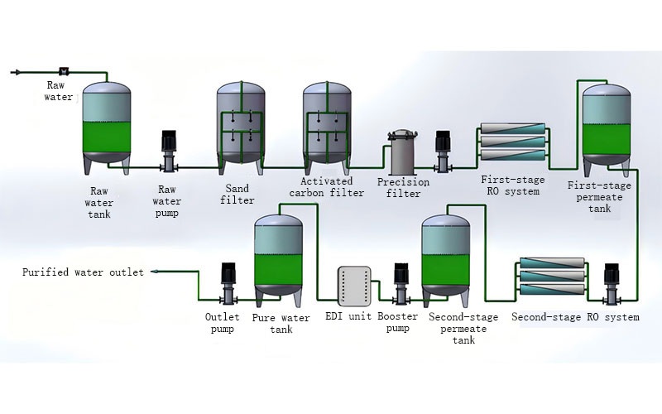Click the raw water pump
169,151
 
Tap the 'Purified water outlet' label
83,272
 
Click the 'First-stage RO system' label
511,185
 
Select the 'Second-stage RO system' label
575,317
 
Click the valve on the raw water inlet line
64,71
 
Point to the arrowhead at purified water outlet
155,272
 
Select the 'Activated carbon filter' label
326,187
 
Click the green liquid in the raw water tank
107,136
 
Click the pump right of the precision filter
442,149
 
